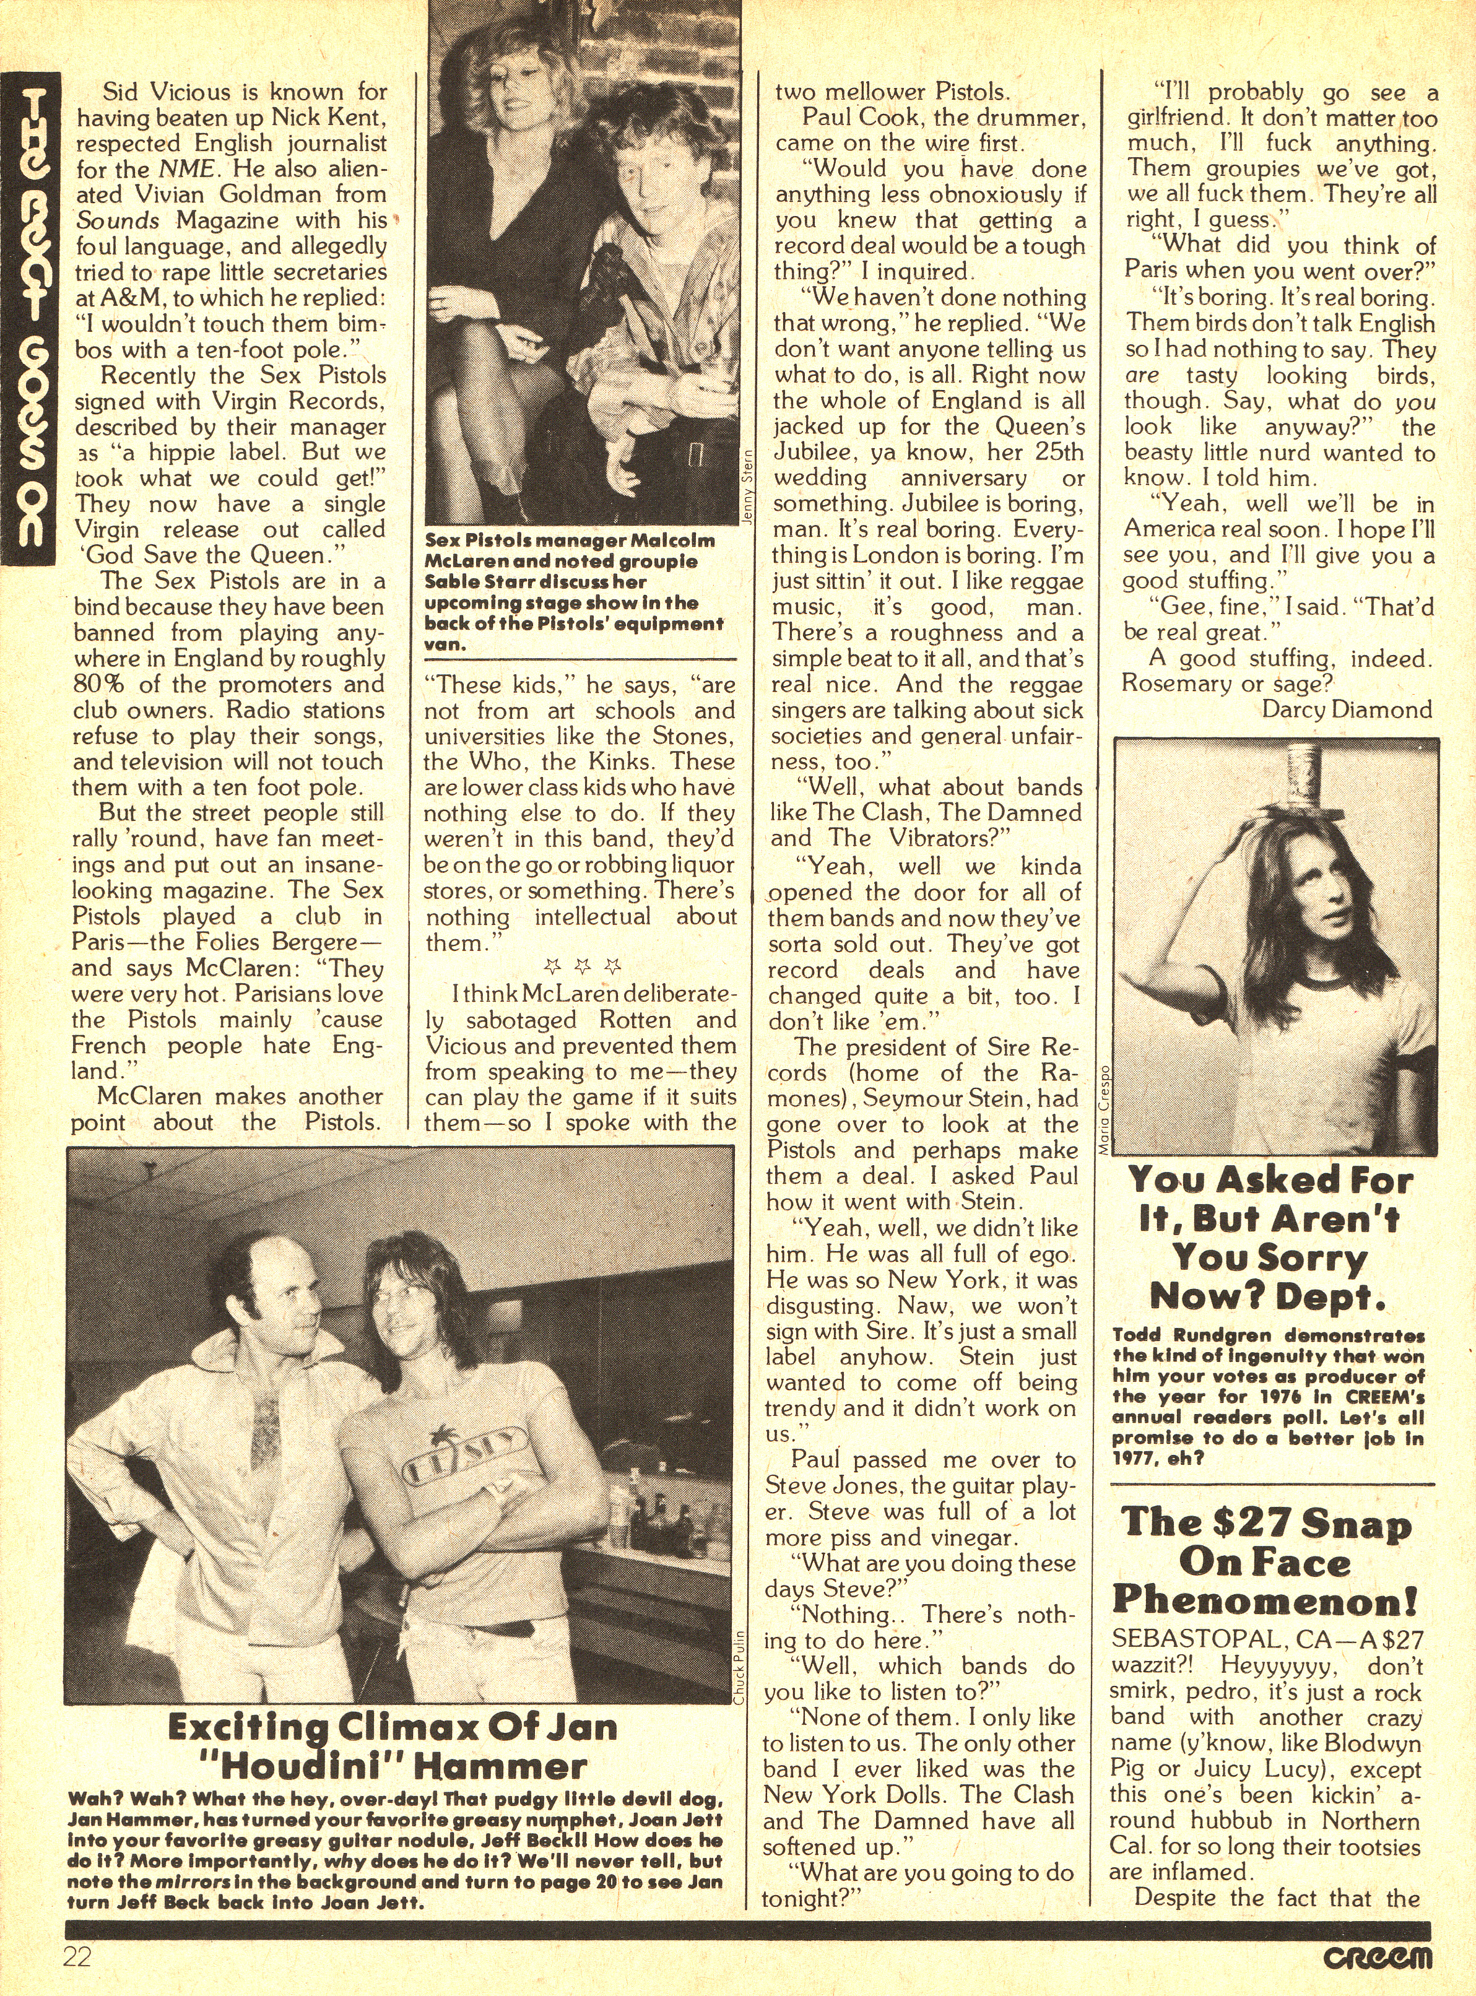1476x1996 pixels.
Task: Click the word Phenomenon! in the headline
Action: coord(1264,1601)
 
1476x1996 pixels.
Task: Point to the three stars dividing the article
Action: coord(581,966)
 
